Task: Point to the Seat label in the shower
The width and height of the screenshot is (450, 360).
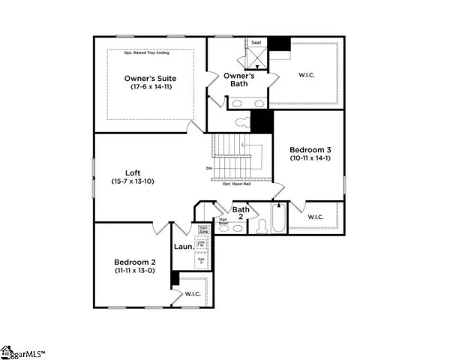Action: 255,43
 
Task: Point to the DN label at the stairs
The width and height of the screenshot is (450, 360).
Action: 208,169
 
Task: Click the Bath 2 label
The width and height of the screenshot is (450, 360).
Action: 241,214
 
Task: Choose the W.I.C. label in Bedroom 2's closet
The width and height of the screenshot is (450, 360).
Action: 193,294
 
